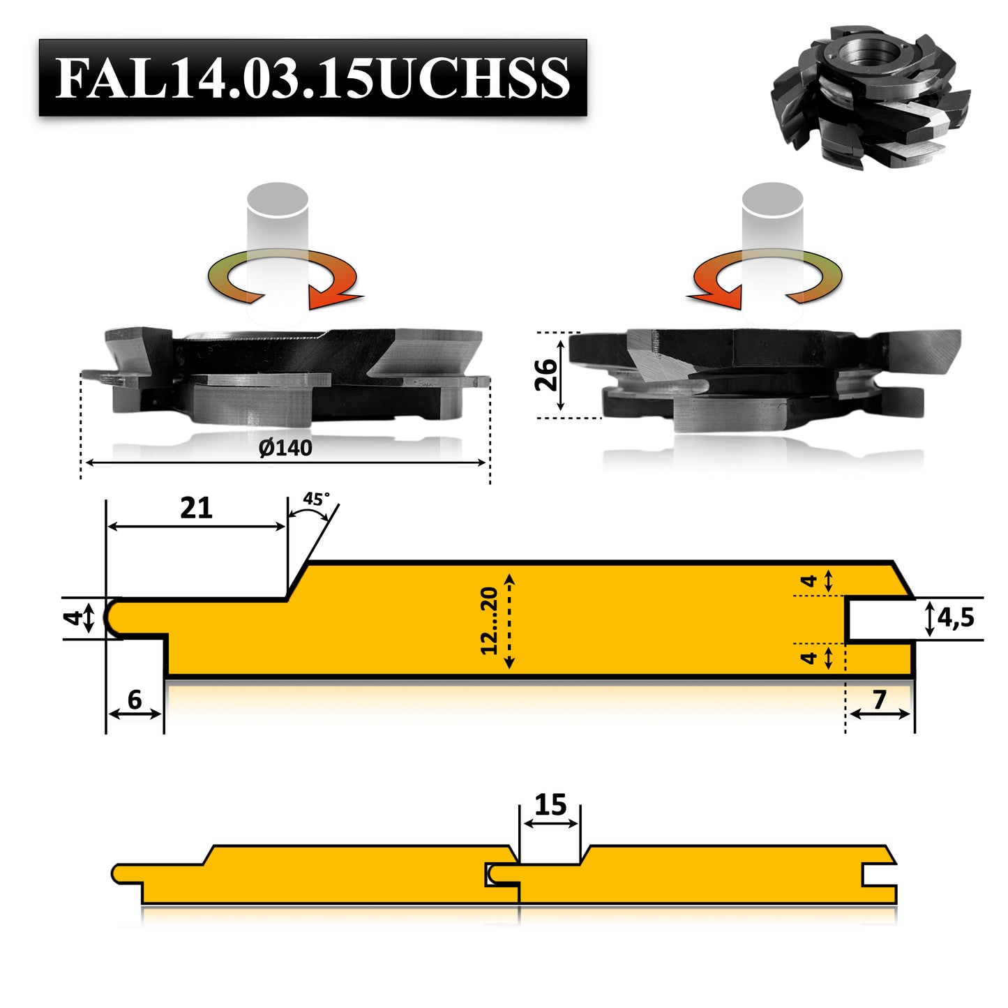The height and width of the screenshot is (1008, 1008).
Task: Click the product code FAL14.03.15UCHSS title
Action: click(313, 77)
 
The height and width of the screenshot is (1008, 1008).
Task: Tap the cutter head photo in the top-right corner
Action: click(871, 98)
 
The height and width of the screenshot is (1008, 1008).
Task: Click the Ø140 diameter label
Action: click(285, 447)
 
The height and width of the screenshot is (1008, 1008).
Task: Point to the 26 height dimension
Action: click(547, 375)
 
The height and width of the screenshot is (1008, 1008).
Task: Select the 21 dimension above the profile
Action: click(196, 508)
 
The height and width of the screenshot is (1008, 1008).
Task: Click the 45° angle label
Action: click(315, 499)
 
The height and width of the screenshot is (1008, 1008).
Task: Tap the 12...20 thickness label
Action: click(490, 620)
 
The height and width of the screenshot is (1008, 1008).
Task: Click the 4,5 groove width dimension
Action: click(956, 617)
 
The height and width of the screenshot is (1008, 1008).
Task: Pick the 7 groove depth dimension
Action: click(880, 699)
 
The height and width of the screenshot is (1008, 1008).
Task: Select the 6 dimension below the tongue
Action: click(135, 699)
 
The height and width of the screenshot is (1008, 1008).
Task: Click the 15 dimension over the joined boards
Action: click(550, 805)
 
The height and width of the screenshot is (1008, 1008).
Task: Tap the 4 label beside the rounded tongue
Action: click(75, 618)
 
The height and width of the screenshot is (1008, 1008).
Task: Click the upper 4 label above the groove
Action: click(809, 580)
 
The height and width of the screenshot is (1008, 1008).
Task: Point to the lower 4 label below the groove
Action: click(809, 657)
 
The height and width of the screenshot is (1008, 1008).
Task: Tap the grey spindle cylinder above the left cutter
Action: click(278, 209)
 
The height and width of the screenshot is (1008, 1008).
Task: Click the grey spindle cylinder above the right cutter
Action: click(772, 209)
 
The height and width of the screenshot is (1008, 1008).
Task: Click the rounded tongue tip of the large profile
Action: click(112, 617)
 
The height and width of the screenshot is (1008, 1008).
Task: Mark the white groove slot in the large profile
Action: click(879, 619)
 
